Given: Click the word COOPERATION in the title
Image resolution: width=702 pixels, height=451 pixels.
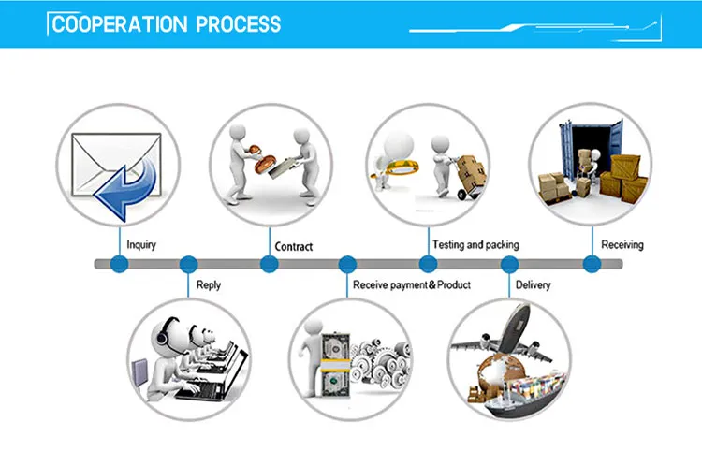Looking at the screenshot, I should (120, 24).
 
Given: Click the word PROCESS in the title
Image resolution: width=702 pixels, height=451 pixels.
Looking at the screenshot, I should (238, 24).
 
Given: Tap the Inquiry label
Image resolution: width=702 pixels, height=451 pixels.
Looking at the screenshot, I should (141, 246).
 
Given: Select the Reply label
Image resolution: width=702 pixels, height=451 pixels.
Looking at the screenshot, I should (209, 284).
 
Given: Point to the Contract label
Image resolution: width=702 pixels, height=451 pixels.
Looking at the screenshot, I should (293, 247).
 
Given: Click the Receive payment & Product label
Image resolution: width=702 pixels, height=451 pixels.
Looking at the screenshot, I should (411, 284).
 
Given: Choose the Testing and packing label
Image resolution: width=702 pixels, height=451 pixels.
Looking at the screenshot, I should (475, 245).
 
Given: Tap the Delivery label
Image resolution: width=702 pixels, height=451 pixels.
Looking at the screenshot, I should (533, 284).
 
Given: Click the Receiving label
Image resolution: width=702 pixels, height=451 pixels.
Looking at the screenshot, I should (622, 245).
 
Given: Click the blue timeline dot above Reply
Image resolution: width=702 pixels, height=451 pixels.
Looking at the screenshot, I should (188, 265).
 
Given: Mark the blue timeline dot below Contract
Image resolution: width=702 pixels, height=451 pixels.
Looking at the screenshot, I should (269, 265).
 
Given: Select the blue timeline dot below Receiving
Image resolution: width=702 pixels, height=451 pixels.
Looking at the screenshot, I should (591, 265).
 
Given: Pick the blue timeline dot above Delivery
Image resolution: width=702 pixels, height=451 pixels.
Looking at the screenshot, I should (510, 265).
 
